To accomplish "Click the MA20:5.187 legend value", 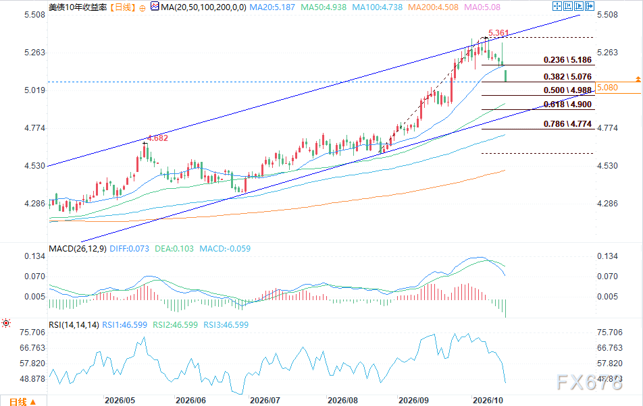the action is point(272,7).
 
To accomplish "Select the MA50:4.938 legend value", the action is point(324,7).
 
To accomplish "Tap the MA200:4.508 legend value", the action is point(433,7).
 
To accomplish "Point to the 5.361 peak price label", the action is point(498,33).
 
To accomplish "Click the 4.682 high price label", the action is point(158,138).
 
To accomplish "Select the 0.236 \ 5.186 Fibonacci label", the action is point(567,60).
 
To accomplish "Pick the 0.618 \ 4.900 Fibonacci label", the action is point(567,105).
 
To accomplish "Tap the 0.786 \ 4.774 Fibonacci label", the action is point(567,123).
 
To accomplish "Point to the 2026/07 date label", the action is point(265,401).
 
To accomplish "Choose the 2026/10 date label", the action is point(488,401).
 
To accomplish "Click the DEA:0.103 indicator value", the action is point(174,248).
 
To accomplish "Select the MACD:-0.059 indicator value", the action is point(225,248).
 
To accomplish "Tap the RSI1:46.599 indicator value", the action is point(125,324).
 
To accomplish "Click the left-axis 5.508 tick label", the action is point(34,15).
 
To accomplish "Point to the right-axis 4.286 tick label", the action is point(607,204).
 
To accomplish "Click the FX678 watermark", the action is point(589,382).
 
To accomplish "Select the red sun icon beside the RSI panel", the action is point(5,323).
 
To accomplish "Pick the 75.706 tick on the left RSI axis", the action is point(32,332).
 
